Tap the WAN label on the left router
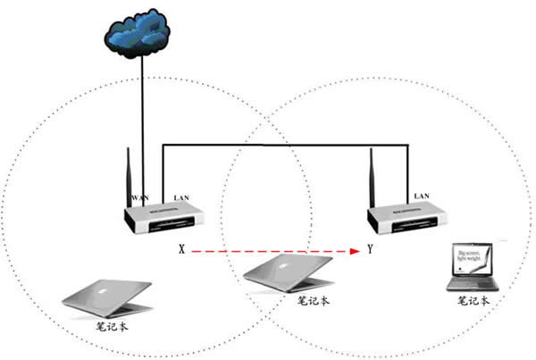coord(139,195)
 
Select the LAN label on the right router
coord(421,195)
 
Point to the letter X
coord(181,251)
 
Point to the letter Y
coord(370,251)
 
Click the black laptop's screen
coord(473,258)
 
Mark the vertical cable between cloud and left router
coord(139,116)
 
